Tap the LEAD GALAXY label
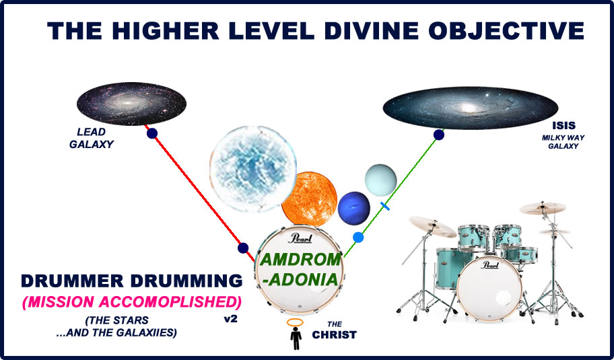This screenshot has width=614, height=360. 92,138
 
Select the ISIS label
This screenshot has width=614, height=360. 564,126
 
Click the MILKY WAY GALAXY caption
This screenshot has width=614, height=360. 563,142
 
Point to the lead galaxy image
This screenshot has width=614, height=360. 131,104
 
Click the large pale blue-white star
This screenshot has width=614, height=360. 252,169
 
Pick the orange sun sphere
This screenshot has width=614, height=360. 309,199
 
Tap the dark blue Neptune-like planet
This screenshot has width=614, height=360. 354,208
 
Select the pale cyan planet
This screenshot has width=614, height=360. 380,180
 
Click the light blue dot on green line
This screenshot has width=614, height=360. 358,238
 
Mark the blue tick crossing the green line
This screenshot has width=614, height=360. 385,206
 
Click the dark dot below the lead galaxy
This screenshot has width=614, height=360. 152,133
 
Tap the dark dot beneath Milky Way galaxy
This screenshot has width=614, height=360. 438,135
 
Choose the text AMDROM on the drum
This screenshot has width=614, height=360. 300,260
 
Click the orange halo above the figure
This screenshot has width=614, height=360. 295,322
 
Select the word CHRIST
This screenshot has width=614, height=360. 334,335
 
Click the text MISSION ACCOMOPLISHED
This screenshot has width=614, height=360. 132,301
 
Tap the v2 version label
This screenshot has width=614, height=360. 230,319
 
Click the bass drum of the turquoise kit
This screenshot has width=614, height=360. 489,287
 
